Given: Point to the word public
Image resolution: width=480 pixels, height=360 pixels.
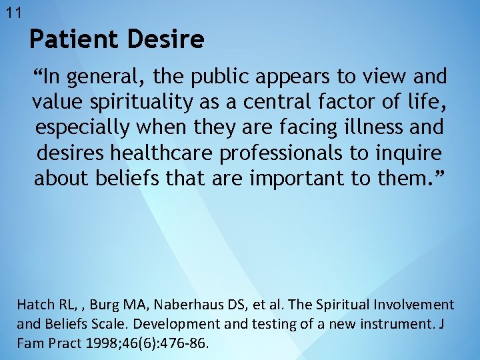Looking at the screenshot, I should click(220, 77).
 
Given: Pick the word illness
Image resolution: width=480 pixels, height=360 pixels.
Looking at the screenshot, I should click(385, 128).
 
